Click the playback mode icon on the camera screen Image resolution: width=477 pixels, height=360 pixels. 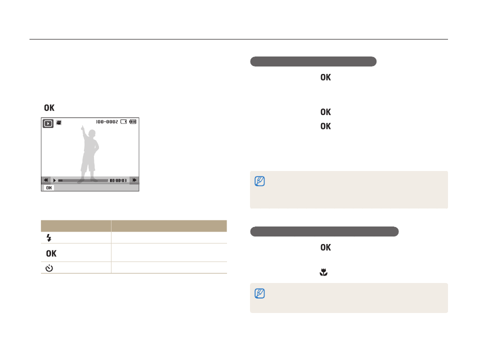(x=48, y=123)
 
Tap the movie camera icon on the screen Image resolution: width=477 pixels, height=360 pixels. (x=59, y=122)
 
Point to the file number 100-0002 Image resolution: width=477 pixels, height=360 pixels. (x=107, y=121)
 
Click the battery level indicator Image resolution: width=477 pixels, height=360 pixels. (x=133, y=121)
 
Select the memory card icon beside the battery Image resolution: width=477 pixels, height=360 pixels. (x=123, y=121)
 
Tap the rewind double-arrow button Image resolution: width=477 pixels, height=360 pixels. (x=45, y=180)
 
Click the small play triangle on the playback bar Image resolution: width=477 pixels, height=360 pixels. (x=54, y=180)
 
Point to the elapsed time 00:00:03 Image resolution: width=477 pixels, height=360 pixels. (x=118, y=180)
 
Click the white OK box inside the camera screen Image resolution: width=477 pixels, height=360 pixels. (x=49, y=188)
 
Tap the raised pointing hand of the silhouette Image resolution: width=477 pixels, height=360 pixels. (x=82, y=128)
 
